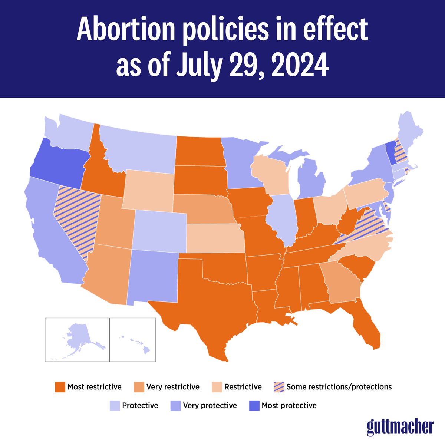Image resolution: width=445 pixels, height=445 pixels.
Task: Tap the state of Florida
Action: [365, 326]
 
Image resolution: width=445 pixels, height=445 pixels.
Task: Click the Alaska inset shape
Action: [80, 339]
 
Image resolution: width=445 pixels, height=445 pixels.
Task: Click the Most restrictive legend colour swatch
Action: [60, 387]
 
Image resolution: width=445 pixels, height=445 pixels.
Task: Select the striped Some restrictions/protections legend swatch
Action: [278, 387]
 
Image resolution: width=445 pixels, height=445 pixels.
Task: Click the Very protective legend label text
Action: [210, 406]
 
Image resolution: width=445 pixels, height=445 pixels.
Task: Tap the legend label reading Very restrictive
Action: [173, 387]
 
